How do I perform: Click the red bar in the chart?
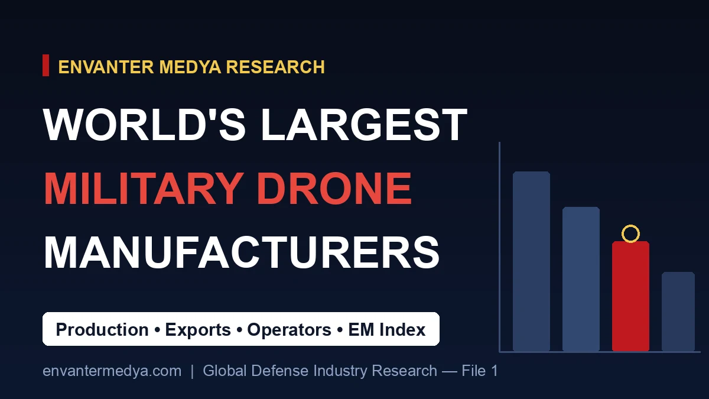pyautogui.click(x=630, y=296)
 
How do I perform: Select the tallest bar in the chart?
pyautogui.click(x=531, y=261)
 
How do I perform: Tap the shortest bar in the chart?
pyautogui.click(x=678, y=312)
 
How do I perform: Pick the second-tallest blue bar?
pyautogui.click(x=581, y=278)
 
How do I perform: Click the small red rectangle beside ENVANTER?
pyautogui.click(x=46, y=65)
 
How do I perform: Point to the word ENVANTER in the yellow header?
pyautogui.click(x=106, y=67)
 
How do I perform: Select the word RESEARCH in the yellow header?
pyautogui.click(x=275, y=67)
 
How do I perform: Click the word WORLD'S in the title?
pyautogui.click(x=144, y=125)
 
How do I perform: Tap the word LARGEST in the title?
pyautogui.click(x=364, y=125)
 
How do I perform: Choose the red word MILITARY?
pyautogui.click(x=142, y=189)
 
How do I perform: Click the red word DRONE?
pyautogui.click(x=334, y=189)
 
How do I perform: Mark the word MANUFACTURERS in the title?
pyautogui.click(x=242, y=253)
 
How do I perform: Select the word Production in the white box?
pyautogui.click(x=102, y=329)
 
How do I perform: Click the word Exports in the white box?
pyautogui.click(x=198, y=330)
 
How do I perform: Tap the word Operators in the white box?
pyautogui.click(x=289, y=330)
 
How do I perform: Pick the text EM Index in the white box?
pyautogui.click(x=387, y=329)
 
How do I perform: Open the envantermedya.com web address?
pyautogui.click(x=112, y=371)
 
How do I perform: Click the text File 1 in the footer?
pyautogui.click(x=480, y=371)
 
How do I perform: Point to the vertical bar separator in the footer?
pyautogui.click(x=192, y=371)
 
